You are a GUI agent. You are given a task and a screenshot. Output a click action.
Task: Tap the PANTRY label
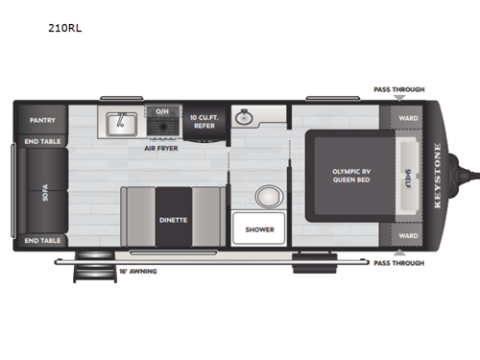[x=42, y=120]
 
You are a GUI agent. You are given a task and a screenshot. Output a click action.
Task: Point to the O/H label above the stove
[x=163, y=110]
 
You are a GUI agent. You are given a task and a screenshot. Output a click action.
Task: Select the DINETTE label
[x=174, y=219]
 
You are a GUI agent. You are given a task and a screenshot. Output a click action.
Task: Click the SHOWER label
[x=259, y=229]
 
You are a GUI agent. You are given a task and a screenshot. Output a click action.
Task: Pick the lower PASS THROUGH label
[x=398, y=262]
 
